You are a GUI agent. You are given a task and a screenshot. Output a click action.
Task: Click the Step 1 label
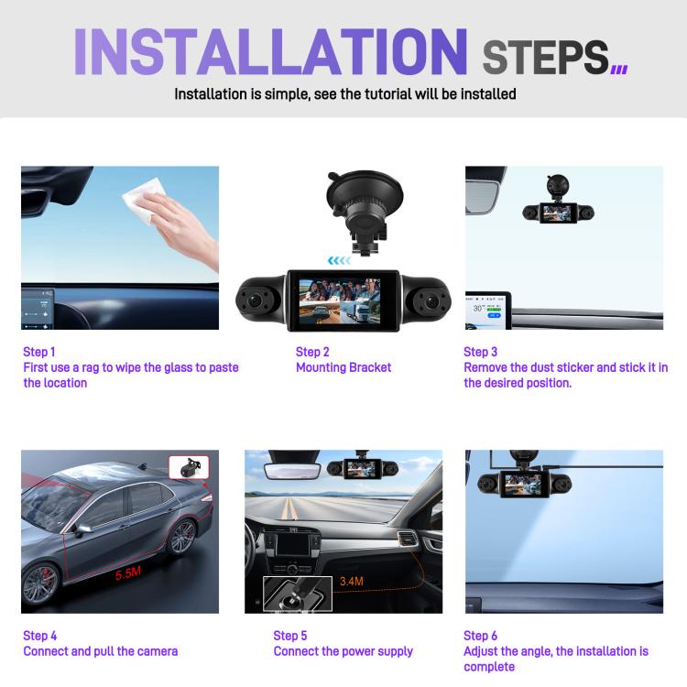click(x=39, y=352)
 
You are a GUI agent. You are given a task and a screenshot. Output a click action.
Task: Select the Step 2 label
click(x=312, y=352)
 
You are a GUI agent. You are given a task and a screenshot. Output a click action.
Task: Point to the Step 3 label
click(x=481, y=352)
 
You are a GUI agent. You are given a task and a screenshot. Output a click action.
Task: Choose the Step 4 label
click(x=39, y=636)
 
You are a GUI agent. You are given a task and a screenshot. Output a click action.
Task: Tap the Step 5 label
click(x=290, y=636)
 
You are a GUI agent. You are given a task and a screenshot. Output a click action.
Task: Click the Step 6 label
click(x=481, y=636)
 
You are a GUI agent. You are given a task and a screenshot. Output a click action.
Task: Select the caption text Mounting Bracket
click(x=343, y=367)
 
